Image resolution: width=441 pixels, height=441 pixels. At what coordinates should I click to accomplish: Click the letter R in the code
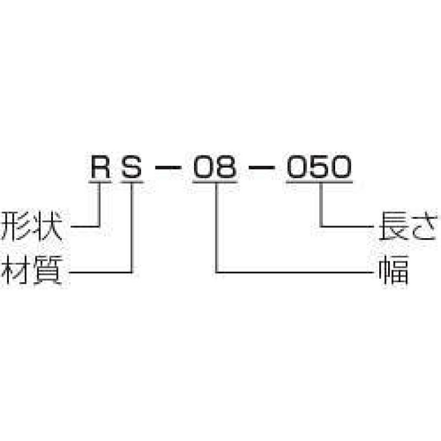coord(100,167)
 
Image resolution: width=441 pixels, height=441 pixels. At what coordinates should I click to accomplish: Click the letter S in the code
coord(132,167)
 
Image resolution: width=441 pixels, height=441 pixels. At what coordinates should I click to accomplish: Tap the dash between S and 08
coord(168,168)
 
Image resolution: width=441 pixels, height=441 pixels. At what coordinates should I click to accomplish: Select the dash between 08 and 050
coord(262,168)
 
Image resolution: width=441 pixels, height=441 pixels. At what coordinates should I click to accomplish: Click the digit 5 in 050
coord(319,167)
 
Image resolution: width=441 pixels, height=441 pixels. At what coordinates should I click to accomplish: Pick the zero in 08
coord(203,167)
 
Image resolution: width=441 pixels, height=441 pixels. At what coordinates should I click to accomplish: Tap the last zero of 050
coord(341,167)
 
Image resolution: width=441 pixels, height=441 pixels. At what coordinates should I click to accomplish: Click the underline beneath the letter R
coord(100,182)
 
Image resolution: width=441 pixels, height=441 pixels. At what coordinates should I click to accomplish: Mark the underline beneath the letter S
coord(132,182)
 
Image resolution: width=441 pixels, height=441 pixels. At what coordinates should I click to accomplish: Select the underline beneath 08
coord(215,182)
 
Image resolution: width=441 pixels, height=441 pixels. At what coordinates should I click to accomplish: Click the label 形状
coord(31,226)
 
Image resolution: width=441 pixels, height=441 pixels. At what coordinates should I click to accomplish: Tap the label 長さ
coord(408,226)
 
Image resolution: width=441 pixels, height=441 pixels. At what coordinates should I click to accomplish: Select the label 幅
coord(394,270)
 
